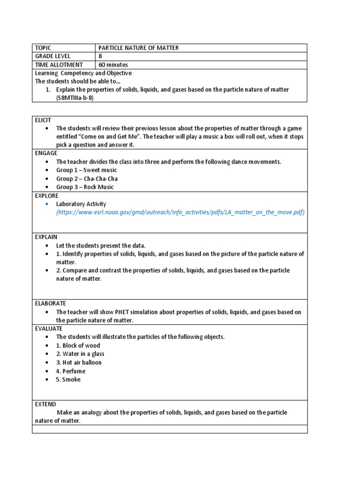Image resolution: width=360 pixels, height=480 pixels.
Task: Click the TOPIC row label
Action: [43, 48]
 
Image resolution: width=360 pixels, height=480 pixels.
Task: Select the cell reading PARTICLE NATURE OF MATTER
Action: [138, 48]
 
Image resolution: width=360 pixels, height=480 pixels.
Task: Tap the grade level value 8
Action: [100, 56]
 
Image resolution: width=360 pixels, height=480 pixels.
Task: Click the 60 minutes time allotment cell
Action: [113, 65]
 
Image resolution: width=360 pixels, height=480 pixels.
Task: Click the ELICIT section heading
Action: [43, 120]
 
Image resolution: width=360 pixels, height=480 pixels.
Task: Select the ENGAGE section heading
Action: [46, 153]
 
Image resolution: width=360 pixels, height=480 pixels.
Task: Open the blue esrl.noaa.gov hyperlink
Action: [180, 212]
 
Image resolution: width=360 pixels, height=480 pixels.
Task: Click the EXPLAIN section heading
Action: [46, 237]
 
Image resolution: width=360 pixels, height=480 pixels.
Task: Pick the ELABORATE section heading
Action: [50, 303]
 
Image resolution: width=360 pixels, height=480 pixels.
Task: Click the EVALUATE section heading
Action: [49, 329]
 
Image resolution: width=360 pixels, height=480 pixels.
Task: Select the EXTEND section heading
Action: [45, 404]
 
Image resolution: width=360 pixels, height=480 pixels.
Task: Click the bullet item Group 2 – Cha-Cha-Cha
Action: [87, 179]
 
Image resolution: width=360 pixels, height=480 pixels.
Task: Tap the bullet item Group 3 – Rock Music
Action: [85, 187]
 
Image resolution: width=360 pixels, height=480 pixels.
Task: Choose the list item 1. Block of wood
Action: [78, 345]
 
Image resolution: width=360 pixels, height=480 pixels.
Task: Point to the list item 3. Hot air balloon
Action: [79, 362]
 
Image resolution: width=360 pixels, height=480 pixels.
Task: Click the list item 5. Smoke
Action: [68, 379]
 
